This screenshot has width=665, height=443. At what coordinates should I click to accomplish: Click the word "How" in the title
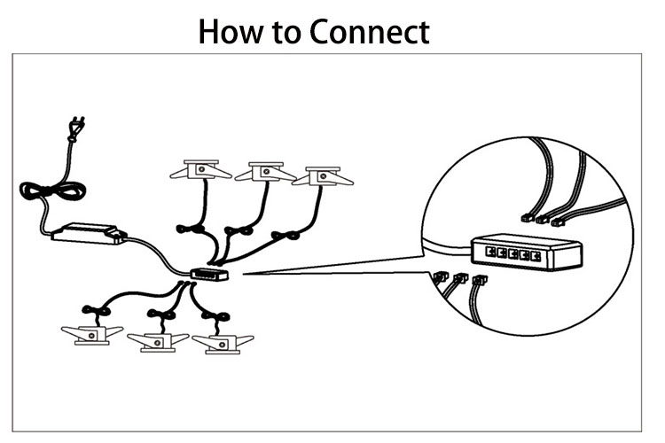[x=231, y=32]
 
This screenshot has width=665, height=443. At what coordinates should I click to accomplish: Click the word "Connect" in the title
[x=370, y=32]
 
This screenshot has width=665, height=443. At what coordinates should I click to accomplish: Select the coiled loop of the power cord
[x=53, y=190]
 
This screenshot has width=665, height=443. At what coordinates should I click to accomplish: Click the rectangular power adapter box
[x=89, y=234]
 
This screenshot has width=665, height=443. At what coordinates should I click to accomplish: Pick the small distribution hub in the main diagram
[x=209, y=275]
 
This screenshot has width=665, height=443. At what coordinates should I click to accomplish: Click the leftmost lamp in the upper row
[x=200, y=169]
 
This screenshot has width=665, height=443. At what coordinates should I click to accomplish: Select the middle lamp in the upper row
[x=265, y=171]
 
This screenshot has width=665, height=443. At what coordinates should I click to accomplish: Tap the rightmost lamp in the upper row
[x=323, y=176]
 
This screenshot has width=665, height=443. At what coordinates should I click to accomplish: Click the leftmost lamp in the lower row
[x=92, y=335]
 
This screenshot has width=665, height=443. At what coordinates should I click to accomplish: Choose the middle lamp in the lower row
[x=158, y=342]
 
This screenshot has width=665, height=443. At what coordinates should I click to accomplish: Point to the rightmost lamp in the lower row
[x=223, y=344]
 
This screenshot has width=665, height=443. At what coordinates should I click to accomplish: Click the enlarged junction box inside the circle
[x=527, y=252]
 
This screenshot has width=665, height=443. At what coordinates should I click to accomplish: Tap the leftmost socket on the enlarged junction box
[x=490, y=252]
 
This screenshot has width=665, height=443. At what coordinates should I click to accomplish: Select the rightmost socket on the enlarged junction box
[x=536, y=256]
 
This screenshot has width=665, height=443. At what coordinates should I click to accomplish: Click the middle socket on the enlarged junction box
[x=513, y=254]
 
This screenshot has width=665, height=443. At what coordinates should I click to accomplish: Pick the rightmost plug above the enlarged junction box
[x=557, y=221]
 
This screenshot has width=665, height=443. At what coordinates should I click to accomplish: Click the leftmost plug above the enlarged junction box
[x=528, y=218]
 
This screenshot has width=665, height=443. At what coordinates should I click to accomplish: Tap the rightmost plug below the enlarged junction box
[x=480, y=279]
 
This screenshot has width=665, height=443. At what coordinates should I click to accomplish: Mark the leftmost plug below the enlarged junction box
[x=441, y=276]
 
